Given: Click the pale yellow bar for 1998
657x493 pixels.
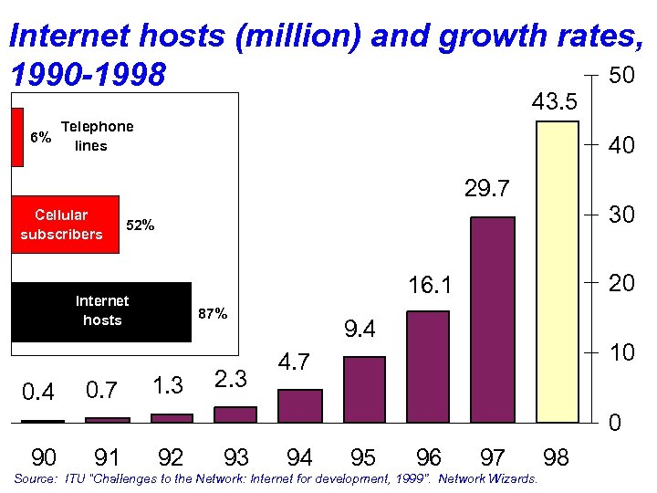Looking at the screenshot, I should (557, 271).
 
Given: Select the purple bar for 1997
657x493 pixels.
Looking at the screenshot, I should (493, 320).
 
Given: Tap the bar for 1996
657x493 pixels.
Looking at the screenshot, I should (428, 367).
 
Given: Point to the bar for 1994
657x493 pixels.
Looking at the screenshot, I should (300, 405).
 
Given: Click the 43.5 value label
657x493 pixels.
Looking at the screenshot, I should (555, 101).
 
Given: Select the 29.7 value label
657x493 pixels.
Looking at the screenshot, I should (488, 189).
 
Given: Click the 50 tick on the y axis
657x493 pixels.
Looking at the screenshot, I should (621, 77).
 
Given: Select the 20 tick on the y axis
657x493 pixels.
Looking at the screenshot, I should (621, 284).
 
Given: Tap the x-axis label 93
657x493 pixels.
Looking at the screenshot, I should (235, 456).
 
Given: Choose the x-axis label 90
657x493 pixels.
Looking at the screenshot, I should (43, 456).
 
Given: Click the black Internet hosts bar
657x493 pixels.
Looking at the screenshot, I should (101, 311).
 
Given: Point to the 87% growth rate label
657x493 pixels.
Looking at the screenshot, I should (213, 314).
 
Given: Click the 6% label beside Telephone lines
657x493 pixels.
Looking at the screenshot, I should (40, 138).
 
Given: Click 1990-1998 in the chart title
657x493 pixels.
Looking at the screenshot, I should (88, 76).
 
